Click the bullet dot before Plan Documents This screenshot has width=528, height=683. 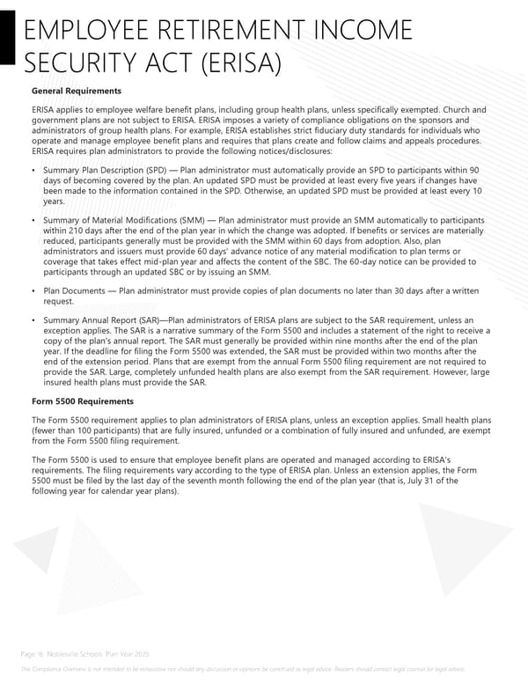point(33,290)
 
